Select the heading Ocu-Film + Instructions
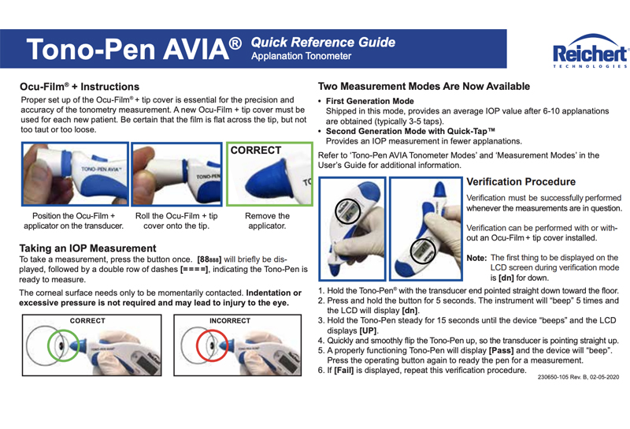click(80, 87)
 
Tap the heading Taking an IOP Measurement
click(87, 248)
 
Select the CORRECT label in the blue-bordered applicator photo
click(256, 149)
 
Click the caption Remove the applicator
click(267, 220)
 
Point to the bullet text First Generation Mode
click(369, 102)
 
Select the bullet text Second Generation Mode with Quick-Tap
click(409, 130)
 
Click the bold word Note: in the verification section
click(476, 258)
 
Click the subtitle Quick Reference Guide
click(323, 42)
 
